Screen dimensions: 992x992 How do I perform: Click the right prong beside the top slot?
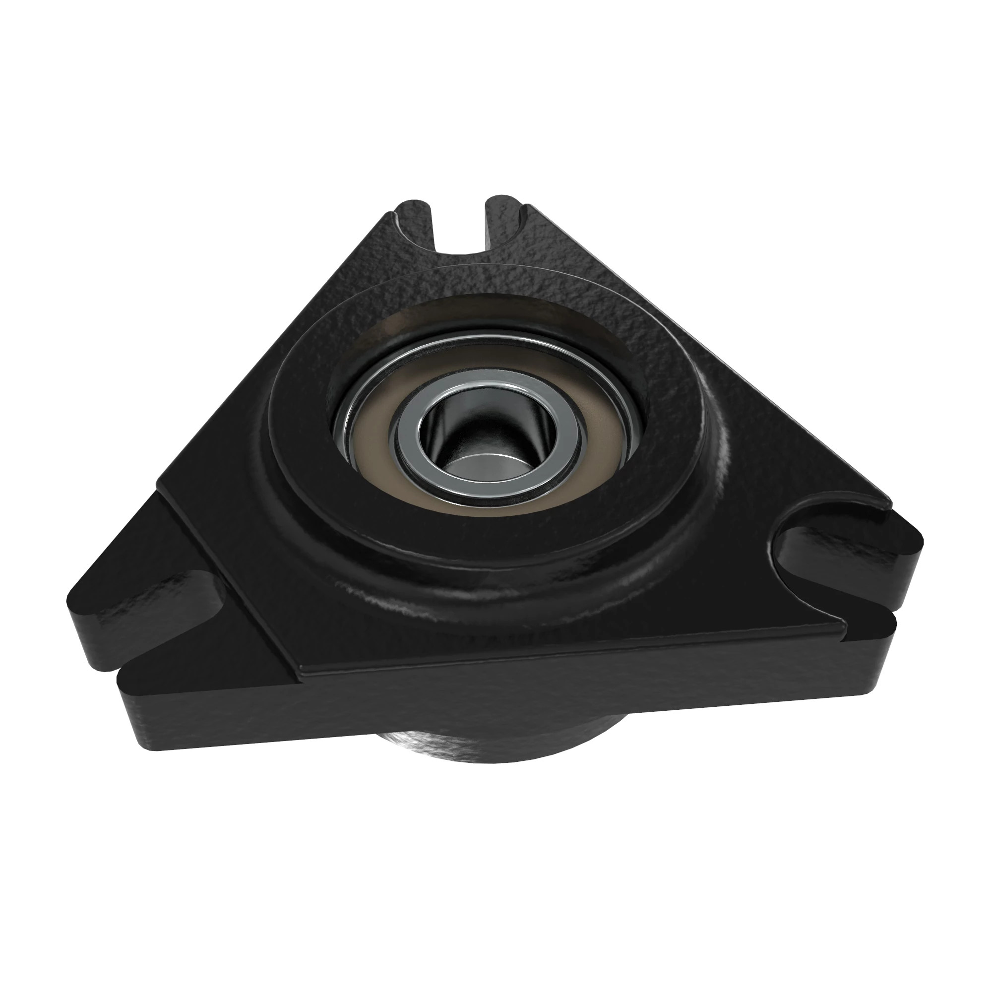pos(506,216)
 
